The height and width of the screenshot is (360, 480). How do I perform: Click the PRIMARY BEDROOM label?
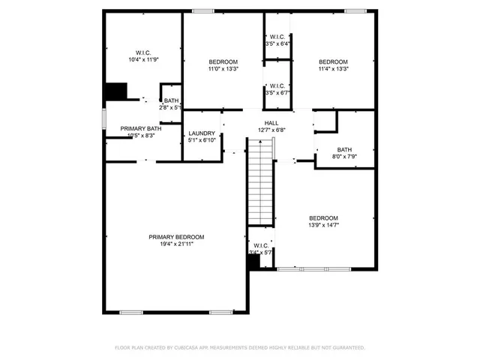click(x=175, y=237)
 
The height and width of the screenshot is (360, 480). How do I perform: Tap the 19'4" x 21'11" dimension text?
click(x=175, y=244)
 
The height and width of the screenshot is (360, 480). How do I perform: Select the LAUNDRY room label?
click(x=202, y=133)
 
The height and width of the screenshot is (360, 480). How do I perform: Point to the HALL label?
click(x=271, y=123)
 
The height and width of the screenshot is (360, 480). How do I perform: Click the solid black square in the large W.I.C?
click(x=115, y=91)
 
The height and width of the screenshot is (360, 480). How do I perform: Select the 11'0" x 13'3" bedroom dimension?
click(x=223, y=69)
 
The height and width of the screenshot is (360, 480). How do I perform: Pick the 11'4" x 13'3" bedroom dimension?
click(x=333, y=69)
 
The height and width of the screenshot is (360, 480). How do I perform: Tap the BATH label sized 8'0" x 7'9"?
click(x=344, y=149)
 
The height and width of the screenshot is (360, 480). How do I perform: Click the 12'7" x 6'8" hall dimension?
click(x=271, y=130)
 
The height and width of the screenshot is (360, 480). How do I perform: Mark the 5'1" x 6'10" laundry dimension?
click(x=202, y=140)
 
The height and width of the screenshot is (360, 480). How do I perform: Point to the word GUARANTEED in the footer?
click(x=346, y=348)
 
